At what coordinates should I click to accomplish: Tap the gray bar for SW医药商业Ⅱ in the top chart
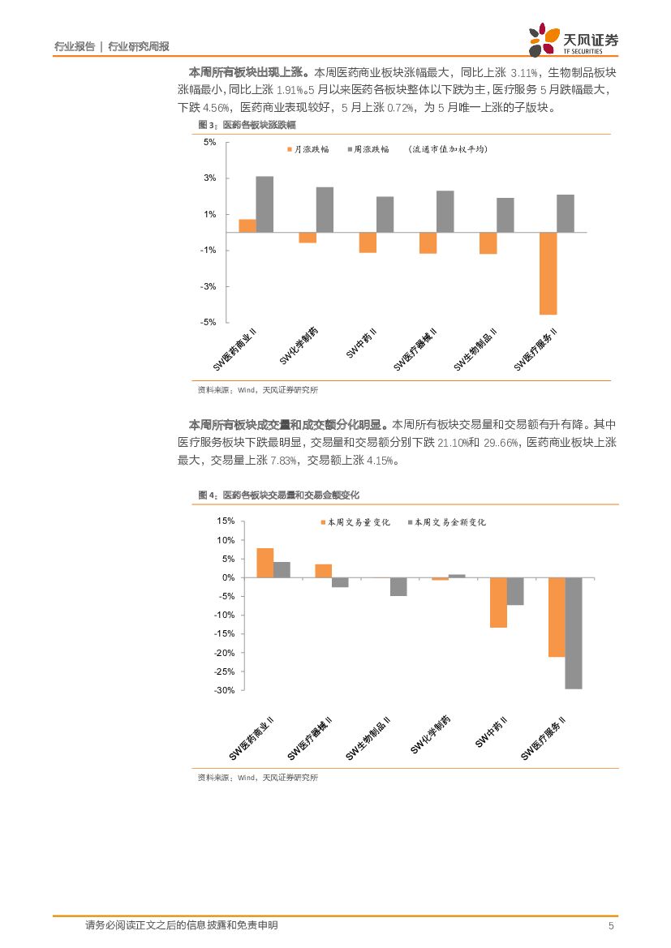point(265,204)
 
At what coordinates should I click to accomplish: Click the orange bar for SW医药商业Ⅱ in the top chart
point(247,226)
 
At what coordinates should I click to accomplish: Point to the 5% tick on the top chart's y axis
point(209,143)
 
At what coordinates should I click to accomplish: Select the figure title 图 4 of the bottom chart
point(278,495)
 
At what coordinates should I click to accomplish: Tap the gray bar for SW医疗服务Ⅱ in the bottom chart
point(574,633)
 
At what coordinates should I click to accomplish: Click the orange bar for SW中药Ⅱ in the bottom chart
point(498,603)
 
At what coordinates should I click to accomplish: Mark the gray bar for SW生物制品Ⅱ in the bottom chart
point(398,587)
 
